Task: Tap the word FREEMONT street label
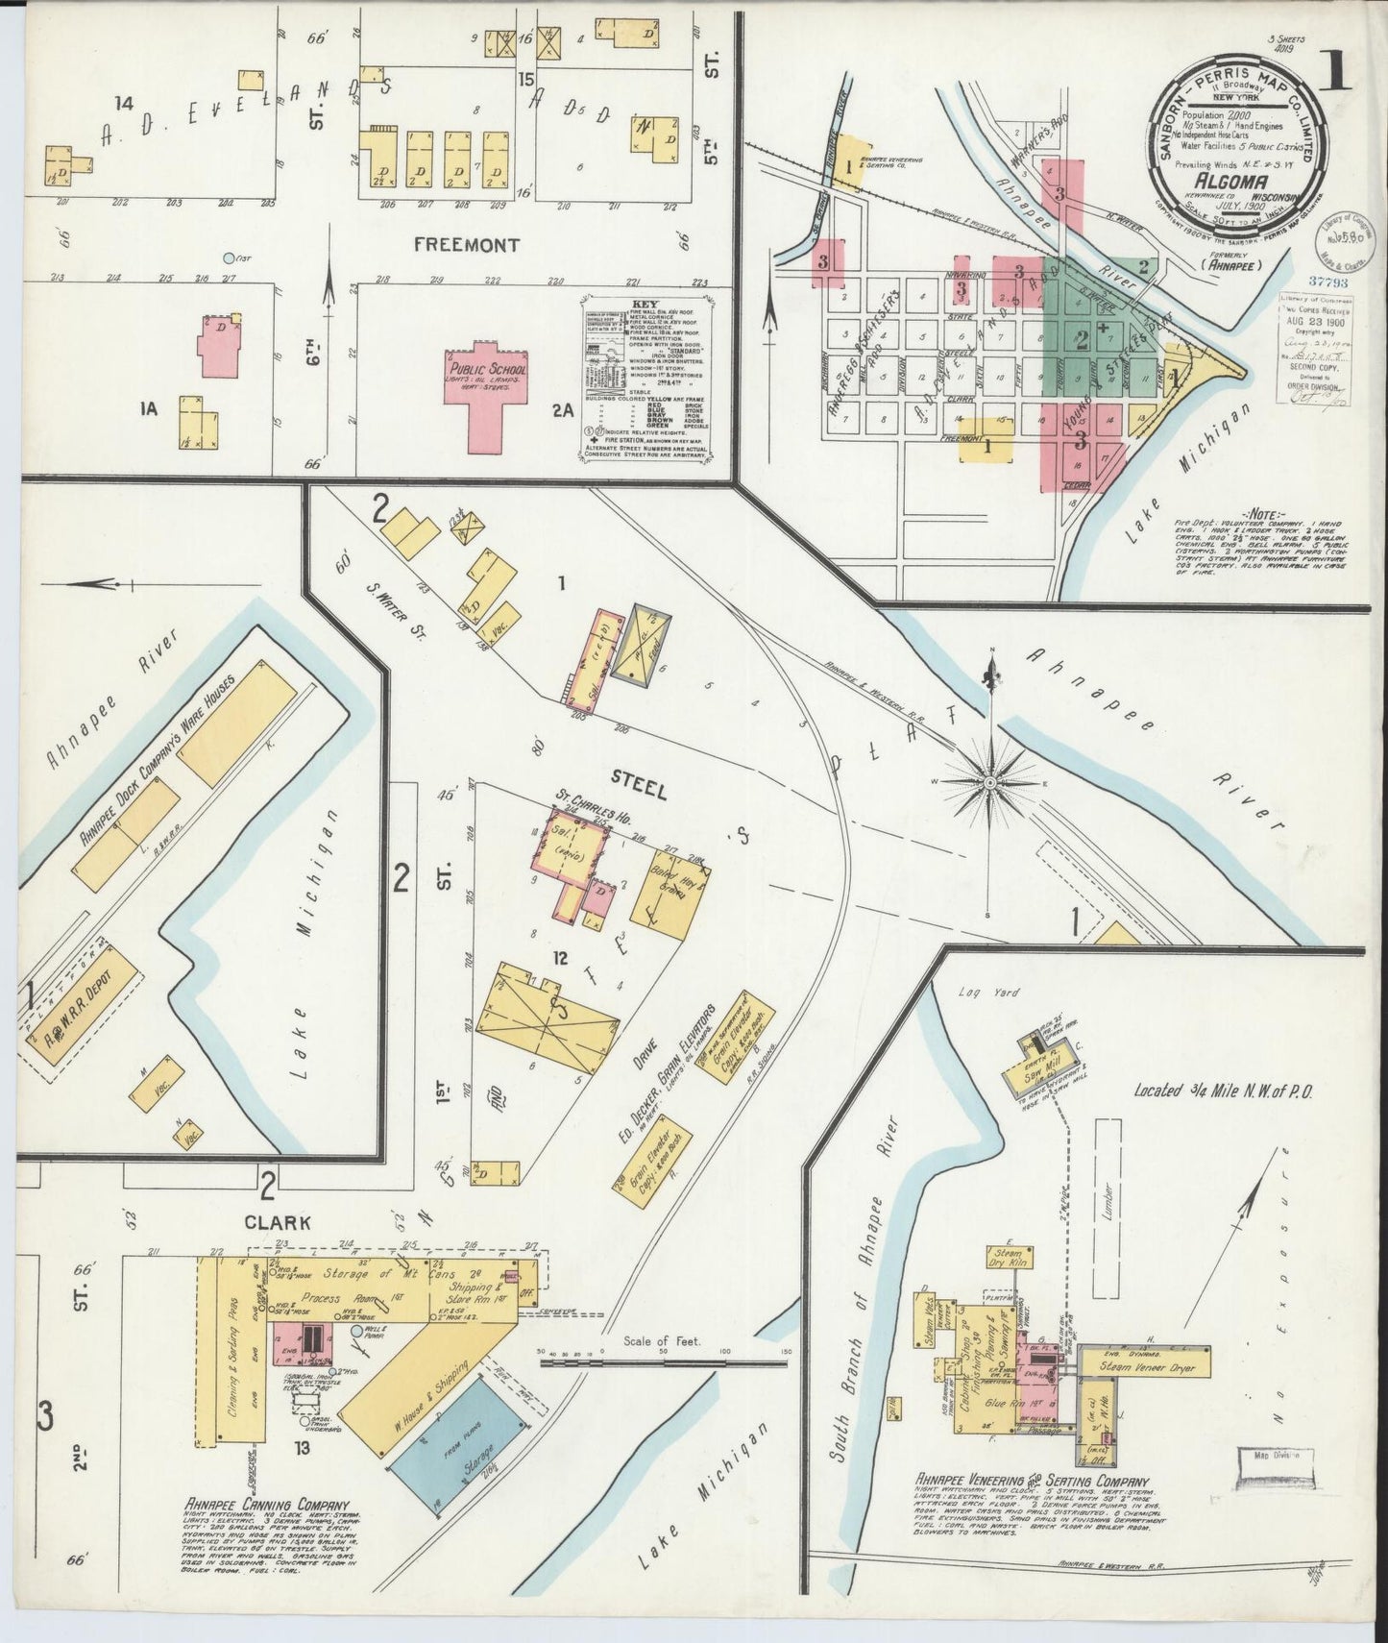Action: point(467,245)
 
